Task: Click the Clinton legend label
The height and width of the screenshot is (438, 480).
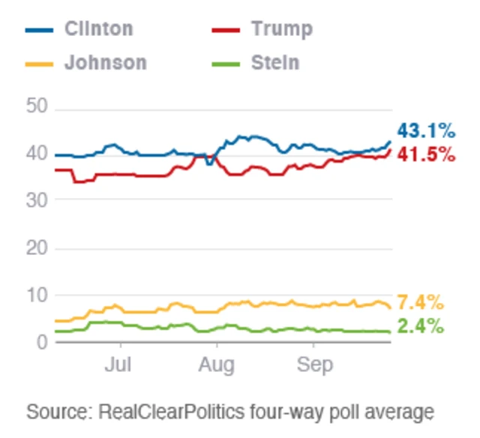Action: point(98,28)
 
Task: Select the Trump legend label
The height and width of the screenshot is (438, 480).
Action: point(281,28)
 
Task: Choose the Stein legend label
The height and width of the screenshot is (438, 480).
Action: point(274,61)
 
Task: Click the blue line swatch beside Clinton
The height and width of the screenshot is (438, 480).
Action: point(40,29)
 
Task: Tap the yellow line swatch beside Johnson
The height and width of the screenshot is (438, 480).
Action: point(40,62)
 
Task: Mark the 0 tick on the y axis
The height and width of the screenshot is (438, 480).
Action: point(42,342)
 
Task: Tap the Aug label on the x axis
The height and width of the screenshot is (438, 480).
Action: point(217,365)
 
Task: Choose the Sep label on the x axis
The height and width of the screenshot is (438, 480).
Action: point(313,365)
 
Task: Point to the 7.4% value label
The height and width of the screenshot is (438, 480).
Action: point(420,303)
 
